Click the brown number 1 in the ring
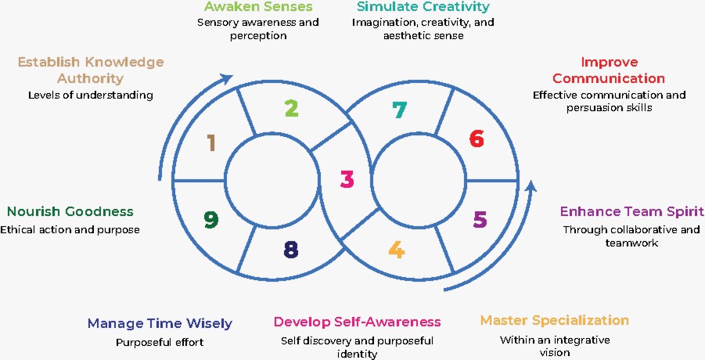click(x=210, y=142)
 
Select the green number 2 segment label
click(x=291, y=107)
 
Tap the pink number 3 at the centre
click(x=347, y=179)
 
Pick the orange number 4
click(x=397, y=250)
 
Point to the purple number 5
click(x=480, y=219)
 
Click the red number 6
click(x=477, y=139)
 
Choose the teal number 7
click(x=399, y=110)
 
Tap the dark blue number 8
click(x=290, y=250)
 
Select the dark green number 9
click(x=210, y=220)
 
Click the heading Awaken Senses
click(x=258, y=7)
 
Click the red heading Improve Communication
click(x=609, y=70)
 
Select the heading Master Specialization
click(x=555, y=320)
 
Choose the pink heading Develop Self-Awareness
click(x=357, y=322)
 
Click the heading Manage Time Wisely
click(x=160, y=323)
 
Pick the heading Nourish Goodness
click(x=70, y=211)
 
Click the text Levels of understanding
click(x=91, y=95)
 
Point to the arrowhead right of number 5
click(x=531, y=187)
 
